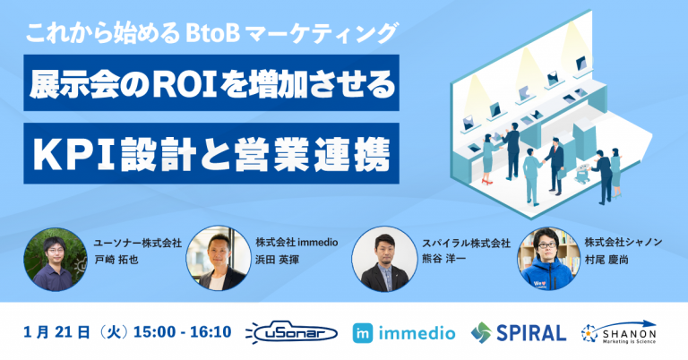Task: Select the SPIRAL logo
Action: (519, 332)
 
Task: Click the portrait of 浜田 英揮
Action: (216, 258)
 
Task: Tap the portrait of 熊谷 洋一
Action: (382, 258)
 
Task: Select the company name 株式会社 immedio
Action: (293, 242)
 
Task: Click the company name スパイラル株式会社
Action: (466, 243)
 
